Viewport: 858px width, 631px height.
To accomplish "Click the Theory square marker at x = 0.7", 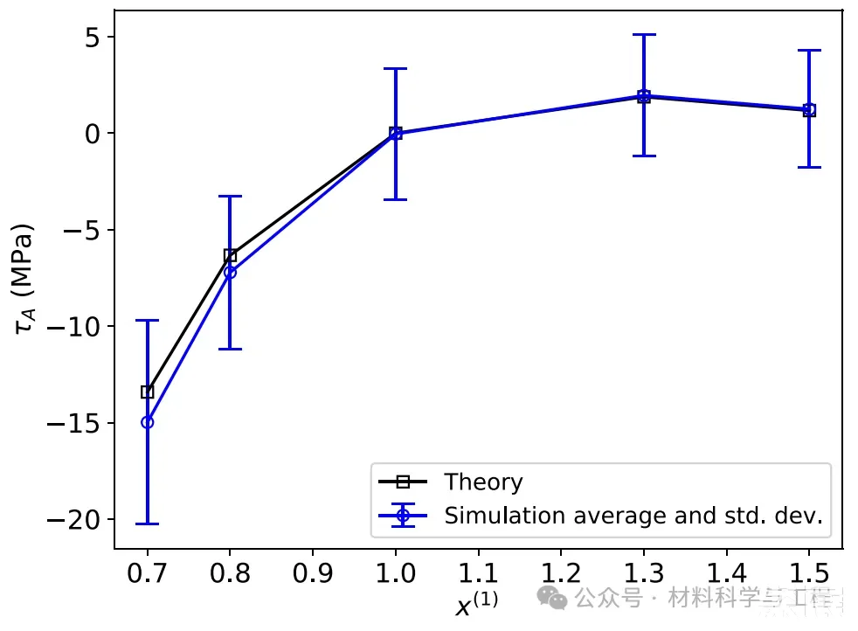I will pos(147,392).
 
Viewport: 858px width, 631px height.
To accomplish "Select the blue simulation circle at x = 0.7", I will pos(147,422).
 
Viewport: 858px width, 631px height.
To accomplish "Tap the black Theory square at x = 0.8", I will pos(230,255).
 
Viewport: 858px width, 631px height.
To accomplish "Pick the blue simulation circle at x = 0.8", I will pos(230,272).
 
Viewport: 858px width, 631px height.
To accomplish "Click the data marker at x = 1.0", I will pos(396,133).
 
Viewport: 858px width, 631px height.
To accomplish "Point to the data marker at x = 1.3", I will pos(644,96).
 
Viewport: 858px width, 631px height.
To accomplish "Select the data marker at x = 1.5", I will pos(809,110).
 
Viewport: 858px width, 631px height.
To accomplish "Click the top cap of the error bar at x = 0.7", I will pos(147,321).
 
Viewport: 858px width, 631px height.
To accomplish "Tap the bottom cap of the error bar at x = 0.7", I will pos(147,524).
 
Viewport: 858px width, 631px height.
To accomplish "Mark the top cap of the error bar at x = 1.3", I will pos(644,35).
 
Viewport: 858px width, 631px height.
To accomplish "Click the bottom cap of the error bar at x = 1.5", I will pos(809,167).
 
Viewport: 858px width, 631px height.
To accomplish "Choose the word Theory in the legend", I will pos(483,482).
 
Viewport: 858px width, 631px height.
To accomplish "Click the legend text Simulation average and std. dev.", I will pos(633,516).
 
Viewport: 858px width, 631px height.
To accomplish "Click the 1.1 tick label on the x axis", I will pos(478,572).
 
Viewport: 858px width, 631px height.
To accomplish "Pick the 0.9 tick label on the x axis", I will pos(313,572).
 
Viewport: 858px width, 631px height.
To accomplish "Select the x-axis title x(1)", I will pos(476,604).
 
